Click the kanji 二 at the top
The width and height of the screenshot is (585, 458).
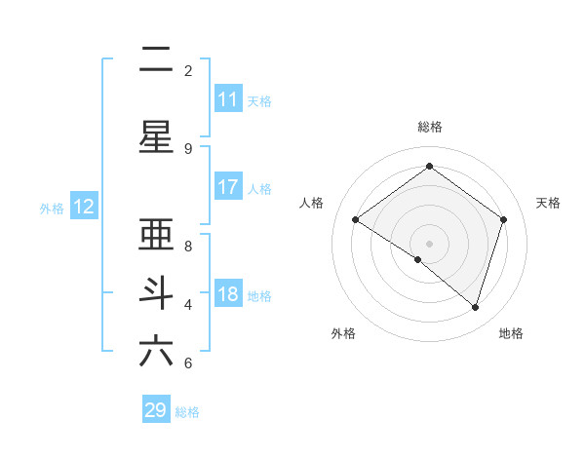156,61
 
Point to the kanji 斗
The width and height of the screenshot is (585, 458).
156,292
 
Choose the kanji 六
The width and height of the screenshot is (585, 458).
156,351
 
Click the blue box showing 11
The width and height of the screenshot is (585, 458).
227,99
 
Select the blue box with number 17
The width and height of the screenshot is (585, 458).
227,187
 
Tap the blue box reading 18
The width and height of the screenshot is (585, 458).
227,295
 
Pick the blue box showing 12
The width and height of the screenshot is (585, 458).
83,207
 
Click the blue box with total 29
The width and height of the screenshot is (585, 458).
156,410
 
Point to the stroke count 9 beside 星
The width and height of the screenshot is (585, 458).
188,148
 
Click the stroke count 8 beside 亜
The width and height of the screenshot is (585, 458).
188,247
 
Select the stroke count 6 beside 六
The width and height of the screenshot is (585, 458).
188,363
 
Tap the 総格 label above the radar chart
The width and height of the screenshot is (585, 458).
429,127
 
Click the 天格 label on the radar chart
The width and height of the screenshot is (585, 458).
548,203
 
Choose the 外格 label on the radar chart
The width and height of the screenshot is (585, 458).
343,333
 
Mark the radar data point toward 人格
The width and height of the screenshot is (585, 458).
355,220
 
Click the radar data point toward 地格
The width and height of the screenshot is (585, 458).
475,307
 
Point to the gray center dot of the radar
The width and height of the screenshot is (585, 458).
429,243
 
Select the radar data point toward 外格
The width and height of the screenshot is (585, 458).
418,259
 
